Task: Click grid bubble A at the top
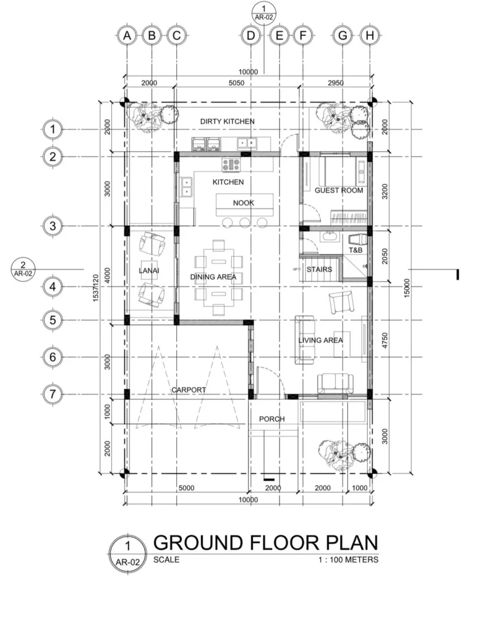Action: (x=127, y=36)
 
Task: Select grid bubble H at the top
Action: (x=370, y=36)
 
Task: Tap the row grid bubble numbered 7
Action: (x=53, y=393)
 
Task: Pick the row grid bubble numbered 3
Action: (x=53, y=226)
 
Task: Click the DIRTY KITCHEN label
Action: (x=227, y=121)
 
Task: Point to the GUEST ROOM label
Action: (x=338, y=190)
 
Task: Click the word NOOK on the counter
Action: (x=244, y=203)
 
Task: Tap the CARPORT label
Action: (x=189, y=390)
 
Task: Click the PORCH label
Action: (x=272, y=419)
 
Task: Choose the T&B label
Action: (x=355, y=250)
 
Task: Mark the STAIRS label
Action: (x=320, y=270)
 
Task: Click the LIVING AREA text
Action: (x=320, y=340)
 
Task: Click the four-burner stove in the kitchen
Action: (x=231, y=164)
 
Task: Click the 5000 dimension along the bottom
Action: (x=186, y=488)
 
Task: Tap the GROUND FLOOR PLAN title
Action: (x=265, y=543)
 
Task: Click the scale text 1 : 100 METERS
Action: (x=348, y=560)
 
